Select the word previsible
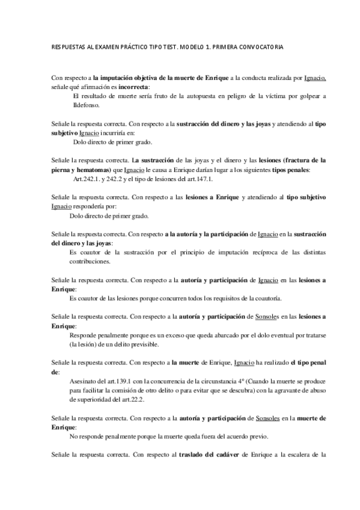pyautogui.click(x=156, y=345)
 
